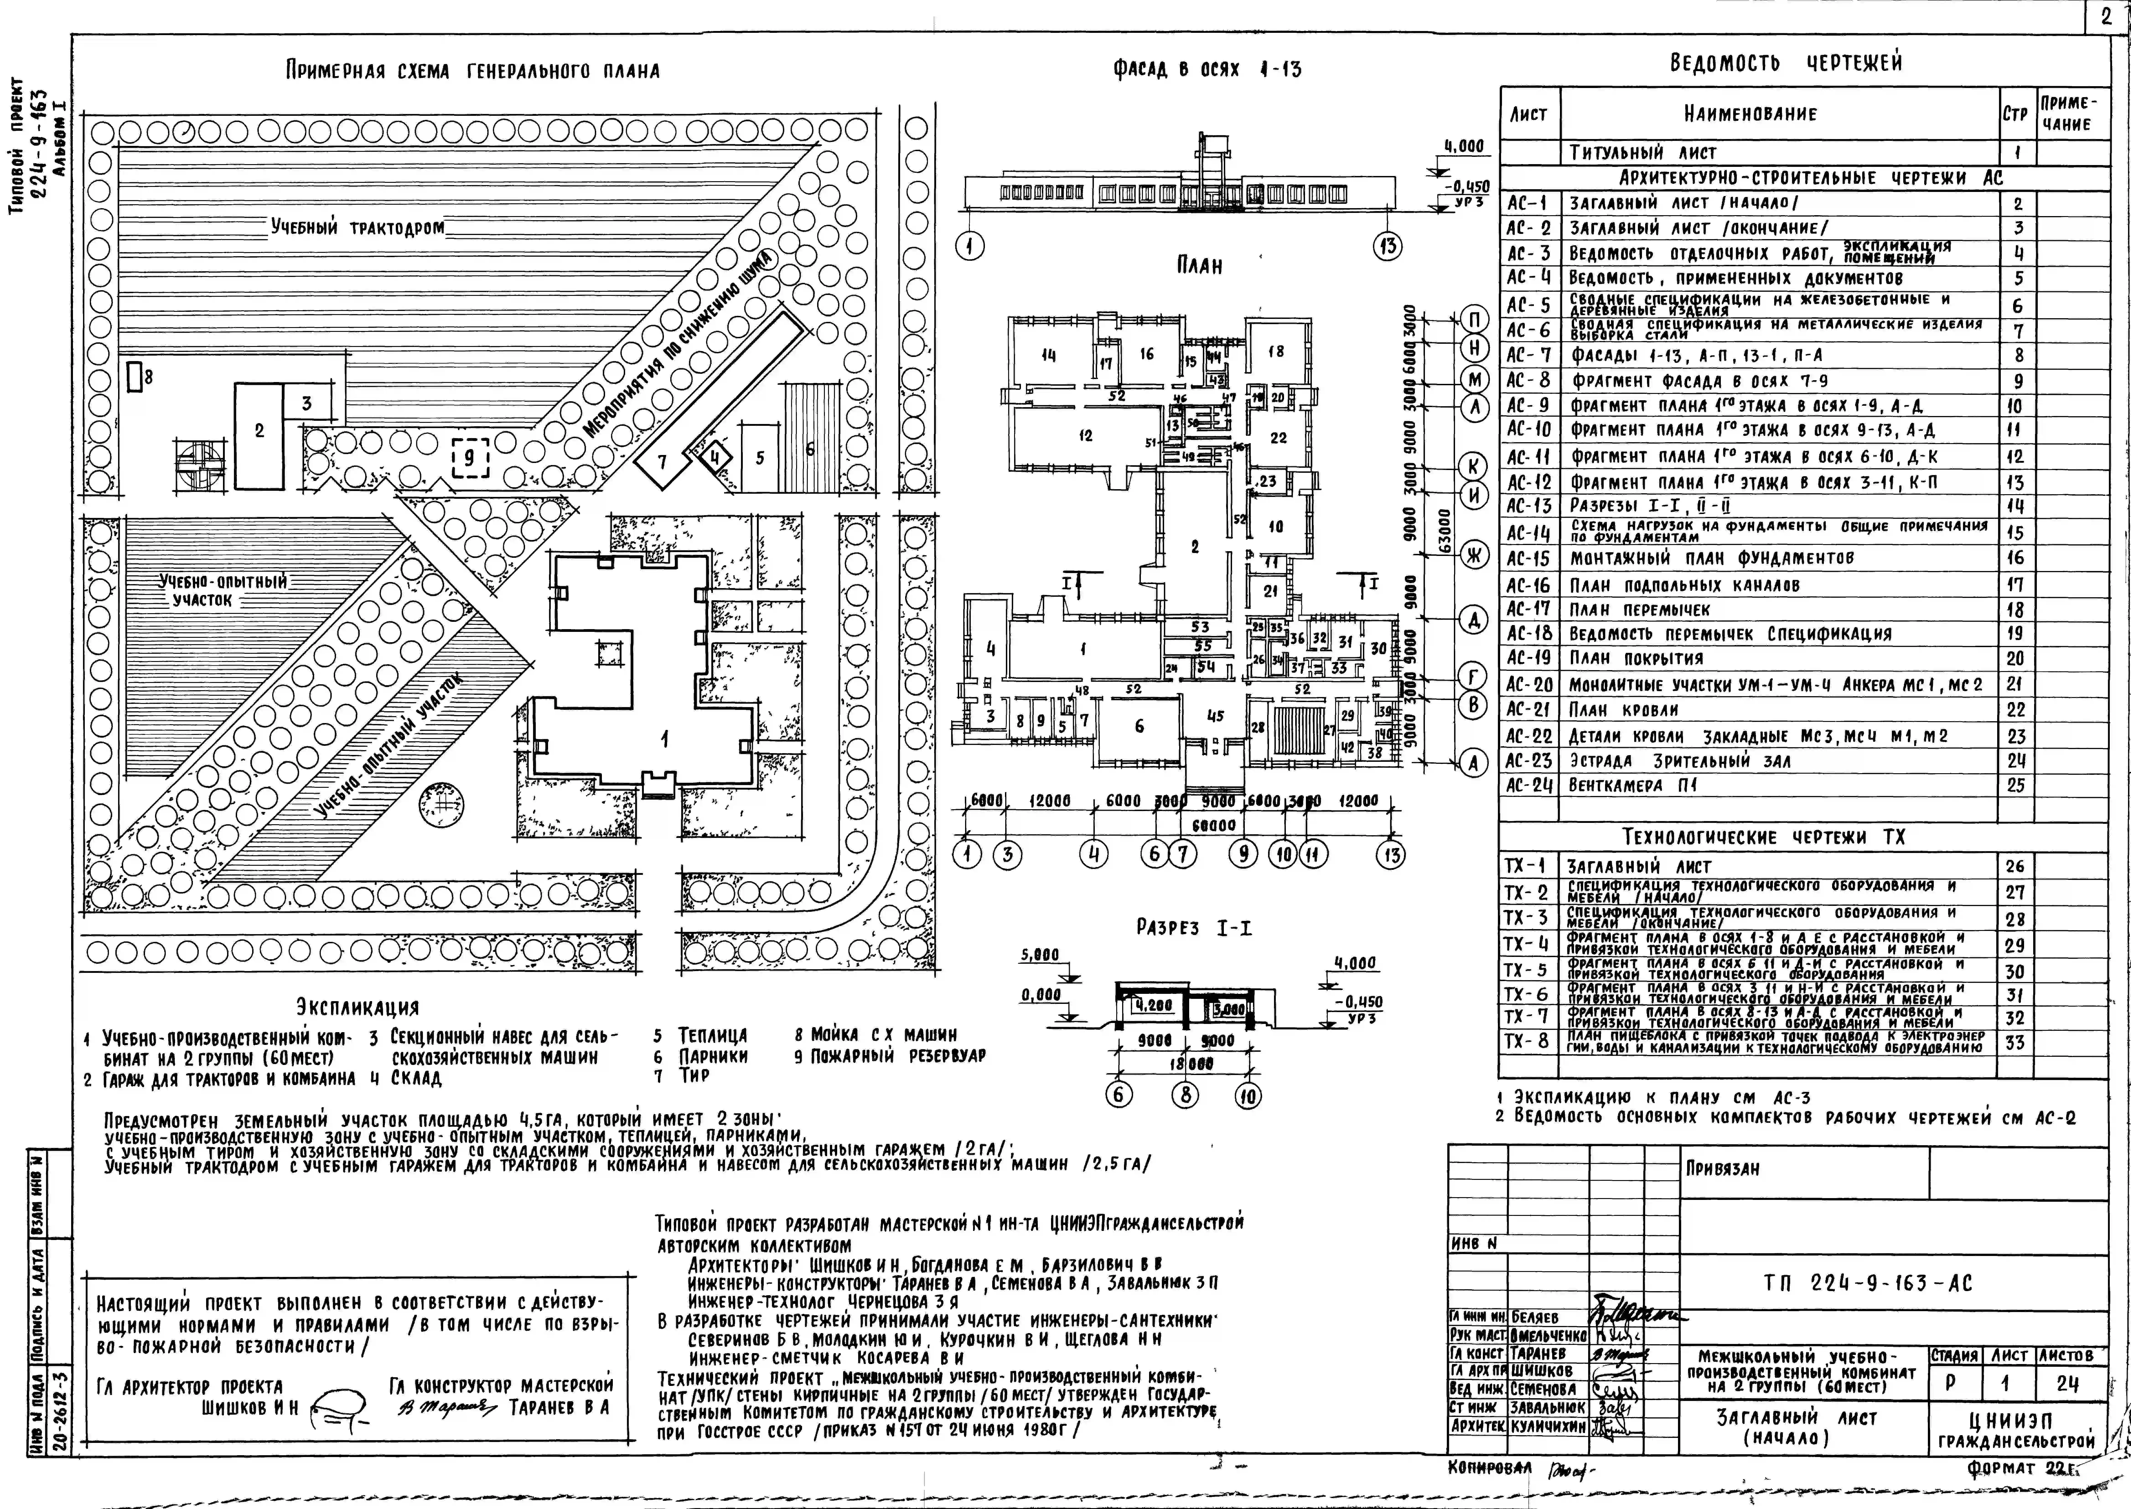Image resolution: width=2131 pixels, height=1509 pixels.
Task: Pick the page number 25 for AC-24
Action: pyautogui.click(x=2015, y=785)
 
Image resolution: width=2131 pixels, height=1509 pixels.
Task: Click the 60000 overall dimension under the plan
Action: pyautogui.click(x=1214, y=825)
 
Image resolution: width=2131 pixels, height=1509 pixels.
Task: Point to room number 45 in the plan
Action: pyautogui.click(x=1215, y=716)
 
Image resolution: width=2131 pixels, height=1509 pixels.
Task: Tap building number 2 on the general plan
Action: pyautogui.click(x=259, y=431)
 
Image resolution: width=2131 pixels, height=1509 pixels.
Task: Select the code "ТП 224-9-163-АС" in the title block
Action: pyautogui.click(x=1867, y=1284)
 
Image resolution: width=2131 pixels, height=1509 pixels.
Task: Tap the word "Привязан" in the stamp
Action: pyautogui.click(x=1722, y=1169)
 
